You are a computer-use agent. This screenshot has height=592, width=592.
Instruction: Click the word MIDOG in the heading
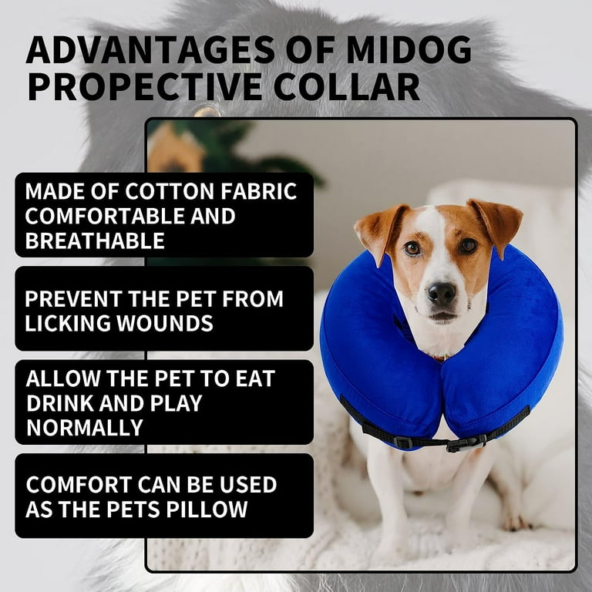click(409, 49)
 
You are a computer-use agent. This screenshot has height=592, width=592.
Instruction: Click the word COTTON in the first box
click(170, 191)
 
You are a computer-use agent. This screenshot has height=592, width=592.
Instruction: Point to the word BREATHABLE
click(95, 240)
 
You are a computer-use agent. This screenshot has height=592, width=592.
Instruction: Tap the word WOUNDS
click(165, 323)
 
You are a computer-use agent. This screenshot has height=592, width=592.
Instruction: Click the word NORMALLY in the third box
click(85, 428)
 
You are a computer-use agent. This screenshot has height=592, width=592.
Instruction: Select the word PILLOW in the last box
click(207, 510)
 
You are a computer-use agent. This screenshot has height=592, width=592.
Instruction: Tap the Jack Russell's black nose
click(442, 293)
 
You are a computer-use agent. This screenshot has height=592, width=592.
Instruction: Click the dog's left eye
click(468, 246)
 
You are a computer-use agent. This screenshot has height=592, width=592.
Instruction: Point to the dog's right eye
click(412, 248)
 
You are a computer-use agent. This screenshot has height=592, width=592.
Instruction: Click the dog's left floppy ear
click(499, 224)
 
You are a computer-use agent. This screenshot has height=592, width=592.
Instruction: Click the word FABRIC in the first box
click(259, 191)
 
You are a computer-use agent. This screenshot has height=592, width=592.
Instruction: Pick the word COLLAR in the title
click(346, 87)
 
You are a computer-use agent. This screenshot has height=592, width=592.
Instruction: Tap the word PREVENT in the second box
click(74, 298)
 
